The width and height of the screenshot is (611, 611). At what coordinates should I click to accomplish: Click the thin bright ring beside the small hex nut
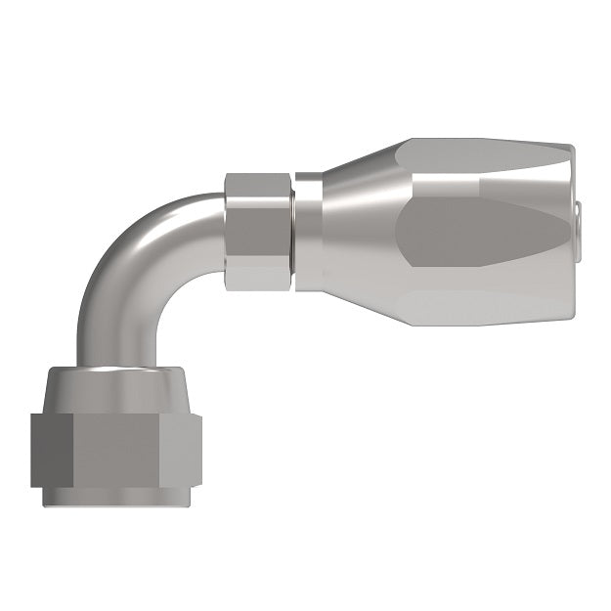tap(305, 233)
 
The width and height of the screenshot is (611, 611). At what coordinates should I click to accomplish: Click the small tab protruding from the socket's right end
tap(580, 209)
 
